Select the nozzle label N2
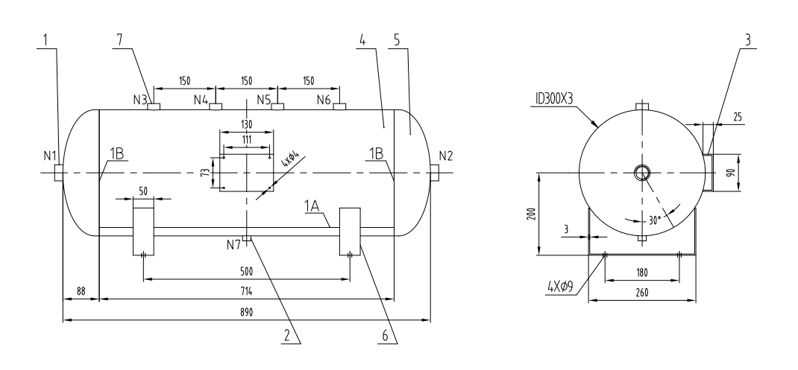pos(445,156)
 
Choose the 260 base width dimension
pos(642,294)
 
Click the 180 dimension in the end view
pos(642,273)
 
